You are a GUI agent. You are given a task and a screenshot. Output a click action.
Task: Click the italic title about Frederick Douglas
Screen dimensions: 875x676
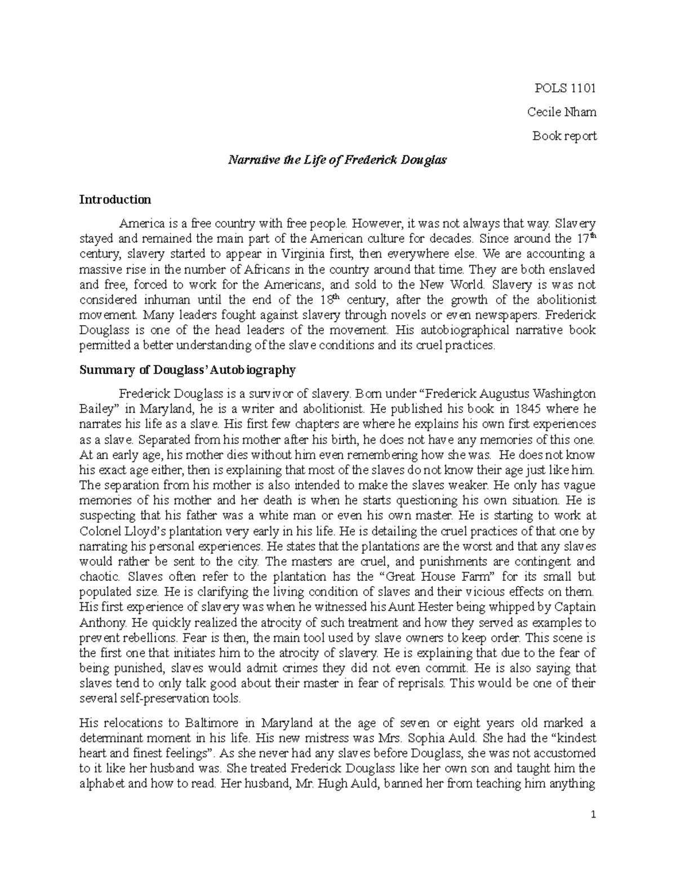(337, 160)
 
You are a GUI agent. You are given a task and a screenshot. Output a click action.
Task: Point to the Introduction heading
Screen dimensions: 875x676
(115, 199)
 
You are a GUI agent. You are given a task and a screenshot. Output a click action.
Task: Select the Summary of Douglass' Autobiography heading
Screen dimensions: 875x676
(188, 370)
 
